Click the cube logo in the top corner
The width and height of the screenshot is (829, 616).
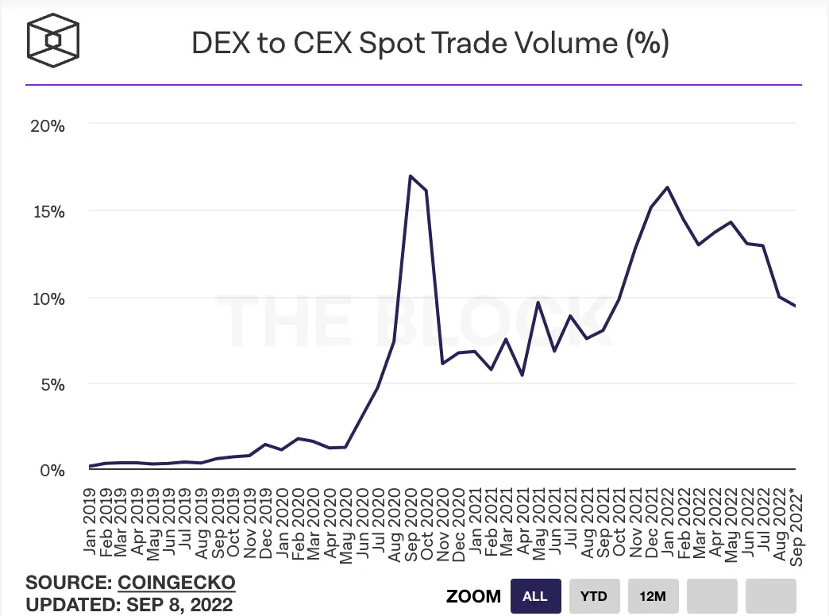(53, 40)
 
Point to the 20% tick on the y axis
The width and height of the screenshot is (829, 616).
(48, 126)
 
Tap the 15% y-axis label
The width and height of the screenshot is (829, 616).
(48, 212)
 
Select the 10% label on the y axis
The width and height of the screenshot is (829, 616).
(48, 298)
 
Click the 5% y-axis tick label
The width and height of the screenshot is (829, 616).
(53, 384)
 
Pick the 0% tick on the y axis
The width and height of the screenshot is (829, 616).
(52, 470)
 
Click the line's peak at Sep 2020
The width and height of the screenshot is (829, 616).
(411, 175)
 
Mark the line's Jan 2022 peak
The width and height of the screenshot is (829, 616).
(668, 187)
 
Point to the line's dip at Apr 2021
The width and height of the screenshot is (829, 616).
(522, 375)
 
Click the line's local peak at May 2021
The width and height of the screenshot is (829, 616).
(538, 302)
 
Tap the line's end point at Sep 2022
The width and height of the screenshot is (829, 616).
(795, 306)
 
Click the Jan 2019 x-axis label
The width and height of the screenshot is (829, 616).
(90, 522)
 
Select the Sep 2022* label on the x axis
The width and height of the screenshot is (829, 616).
(796, 529)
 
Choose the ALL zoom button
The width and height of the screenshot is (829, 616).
(535, 596)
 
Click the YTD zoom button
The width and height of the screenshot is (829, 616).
(594, 596)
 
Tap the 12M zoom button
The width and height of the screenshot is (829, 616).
(653, 596)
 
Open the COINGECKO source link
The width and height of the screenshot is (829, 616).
(176, 582)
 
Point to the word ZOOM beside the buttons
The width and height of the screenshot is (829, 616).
(474, 596)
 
